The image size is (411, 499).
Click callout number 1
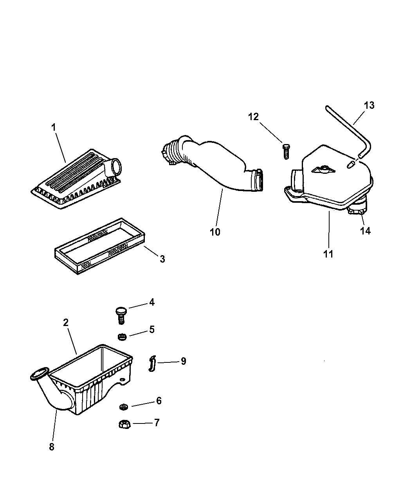tap(53, 128)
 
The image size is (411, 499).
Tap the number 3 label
tap(162, 259)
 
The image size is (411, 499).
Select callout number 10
tap(215, 232)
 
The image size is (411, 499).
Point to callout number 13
tap(369, 105)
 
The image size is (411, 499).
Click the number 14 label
tap(365, 231)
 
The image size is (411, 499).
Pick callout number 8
tap(52, 447)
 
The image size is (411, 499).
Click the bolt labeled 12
tap(285, 151)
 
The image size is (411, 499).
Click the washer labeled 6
tap(124, 407)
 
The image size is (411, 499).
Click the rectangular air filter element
tap(100, 246)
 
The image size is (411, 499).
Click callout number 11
tap(328, 254)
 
